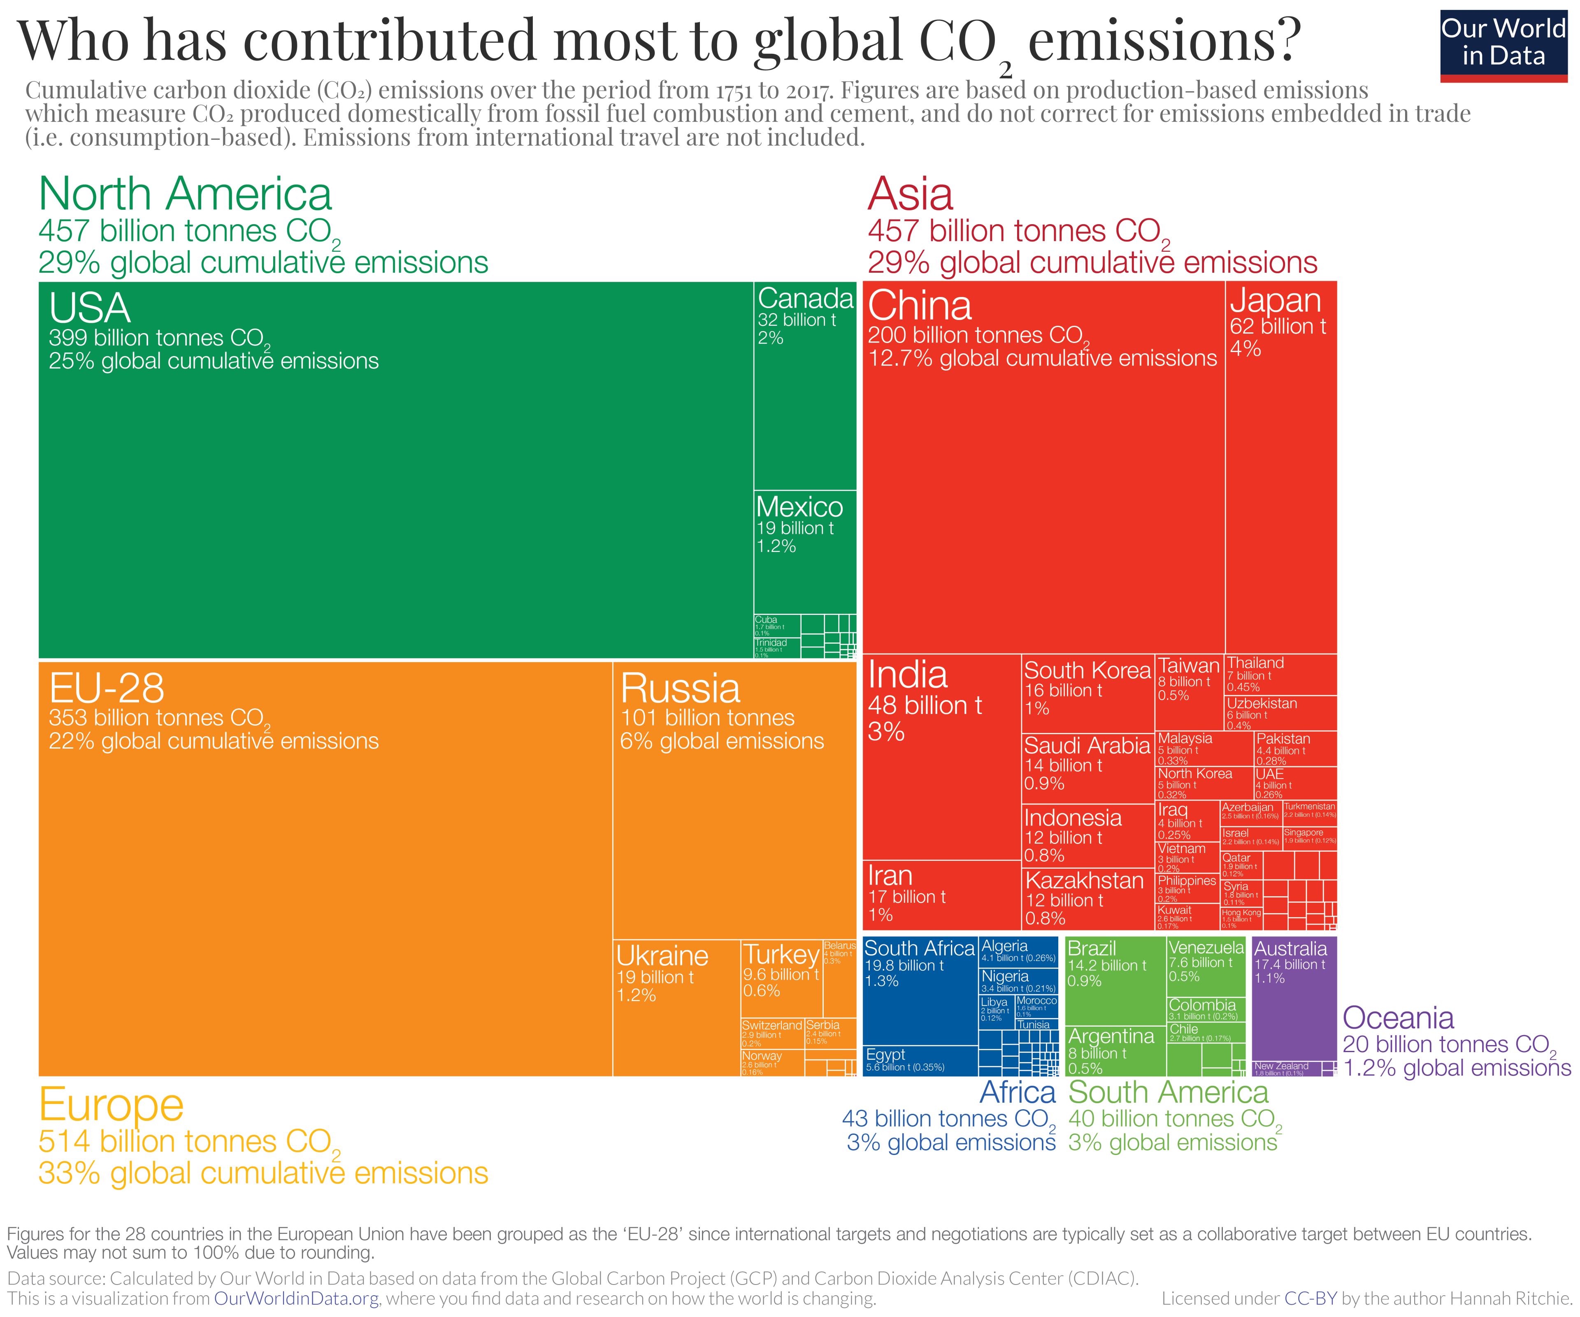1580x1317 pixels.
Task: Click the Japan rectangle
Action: pyautogui.click(x=1280, y=466)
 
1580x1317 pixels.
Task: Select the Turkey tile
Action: pyautogui.click(x=781, y=978)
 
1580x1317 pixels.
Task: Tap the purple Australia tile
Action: pyautogui.click(x=1293, y=1000)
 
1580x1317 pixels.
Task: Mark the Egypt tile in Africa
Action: pyautogui.click(x=920, y=1060)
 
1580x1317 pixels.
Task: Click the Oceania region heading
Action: pyautogui.click(x=1398, y=1018)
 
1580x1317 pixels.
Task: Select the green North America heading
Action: pyautogui.click(x=185, y=194)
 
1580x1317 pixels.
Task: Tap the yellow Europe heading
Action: pyautogui.click(x=112, y=1105)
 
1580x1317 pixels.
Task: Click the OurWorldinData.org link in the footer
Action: pyautogui.click(x=296, y=1298)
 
